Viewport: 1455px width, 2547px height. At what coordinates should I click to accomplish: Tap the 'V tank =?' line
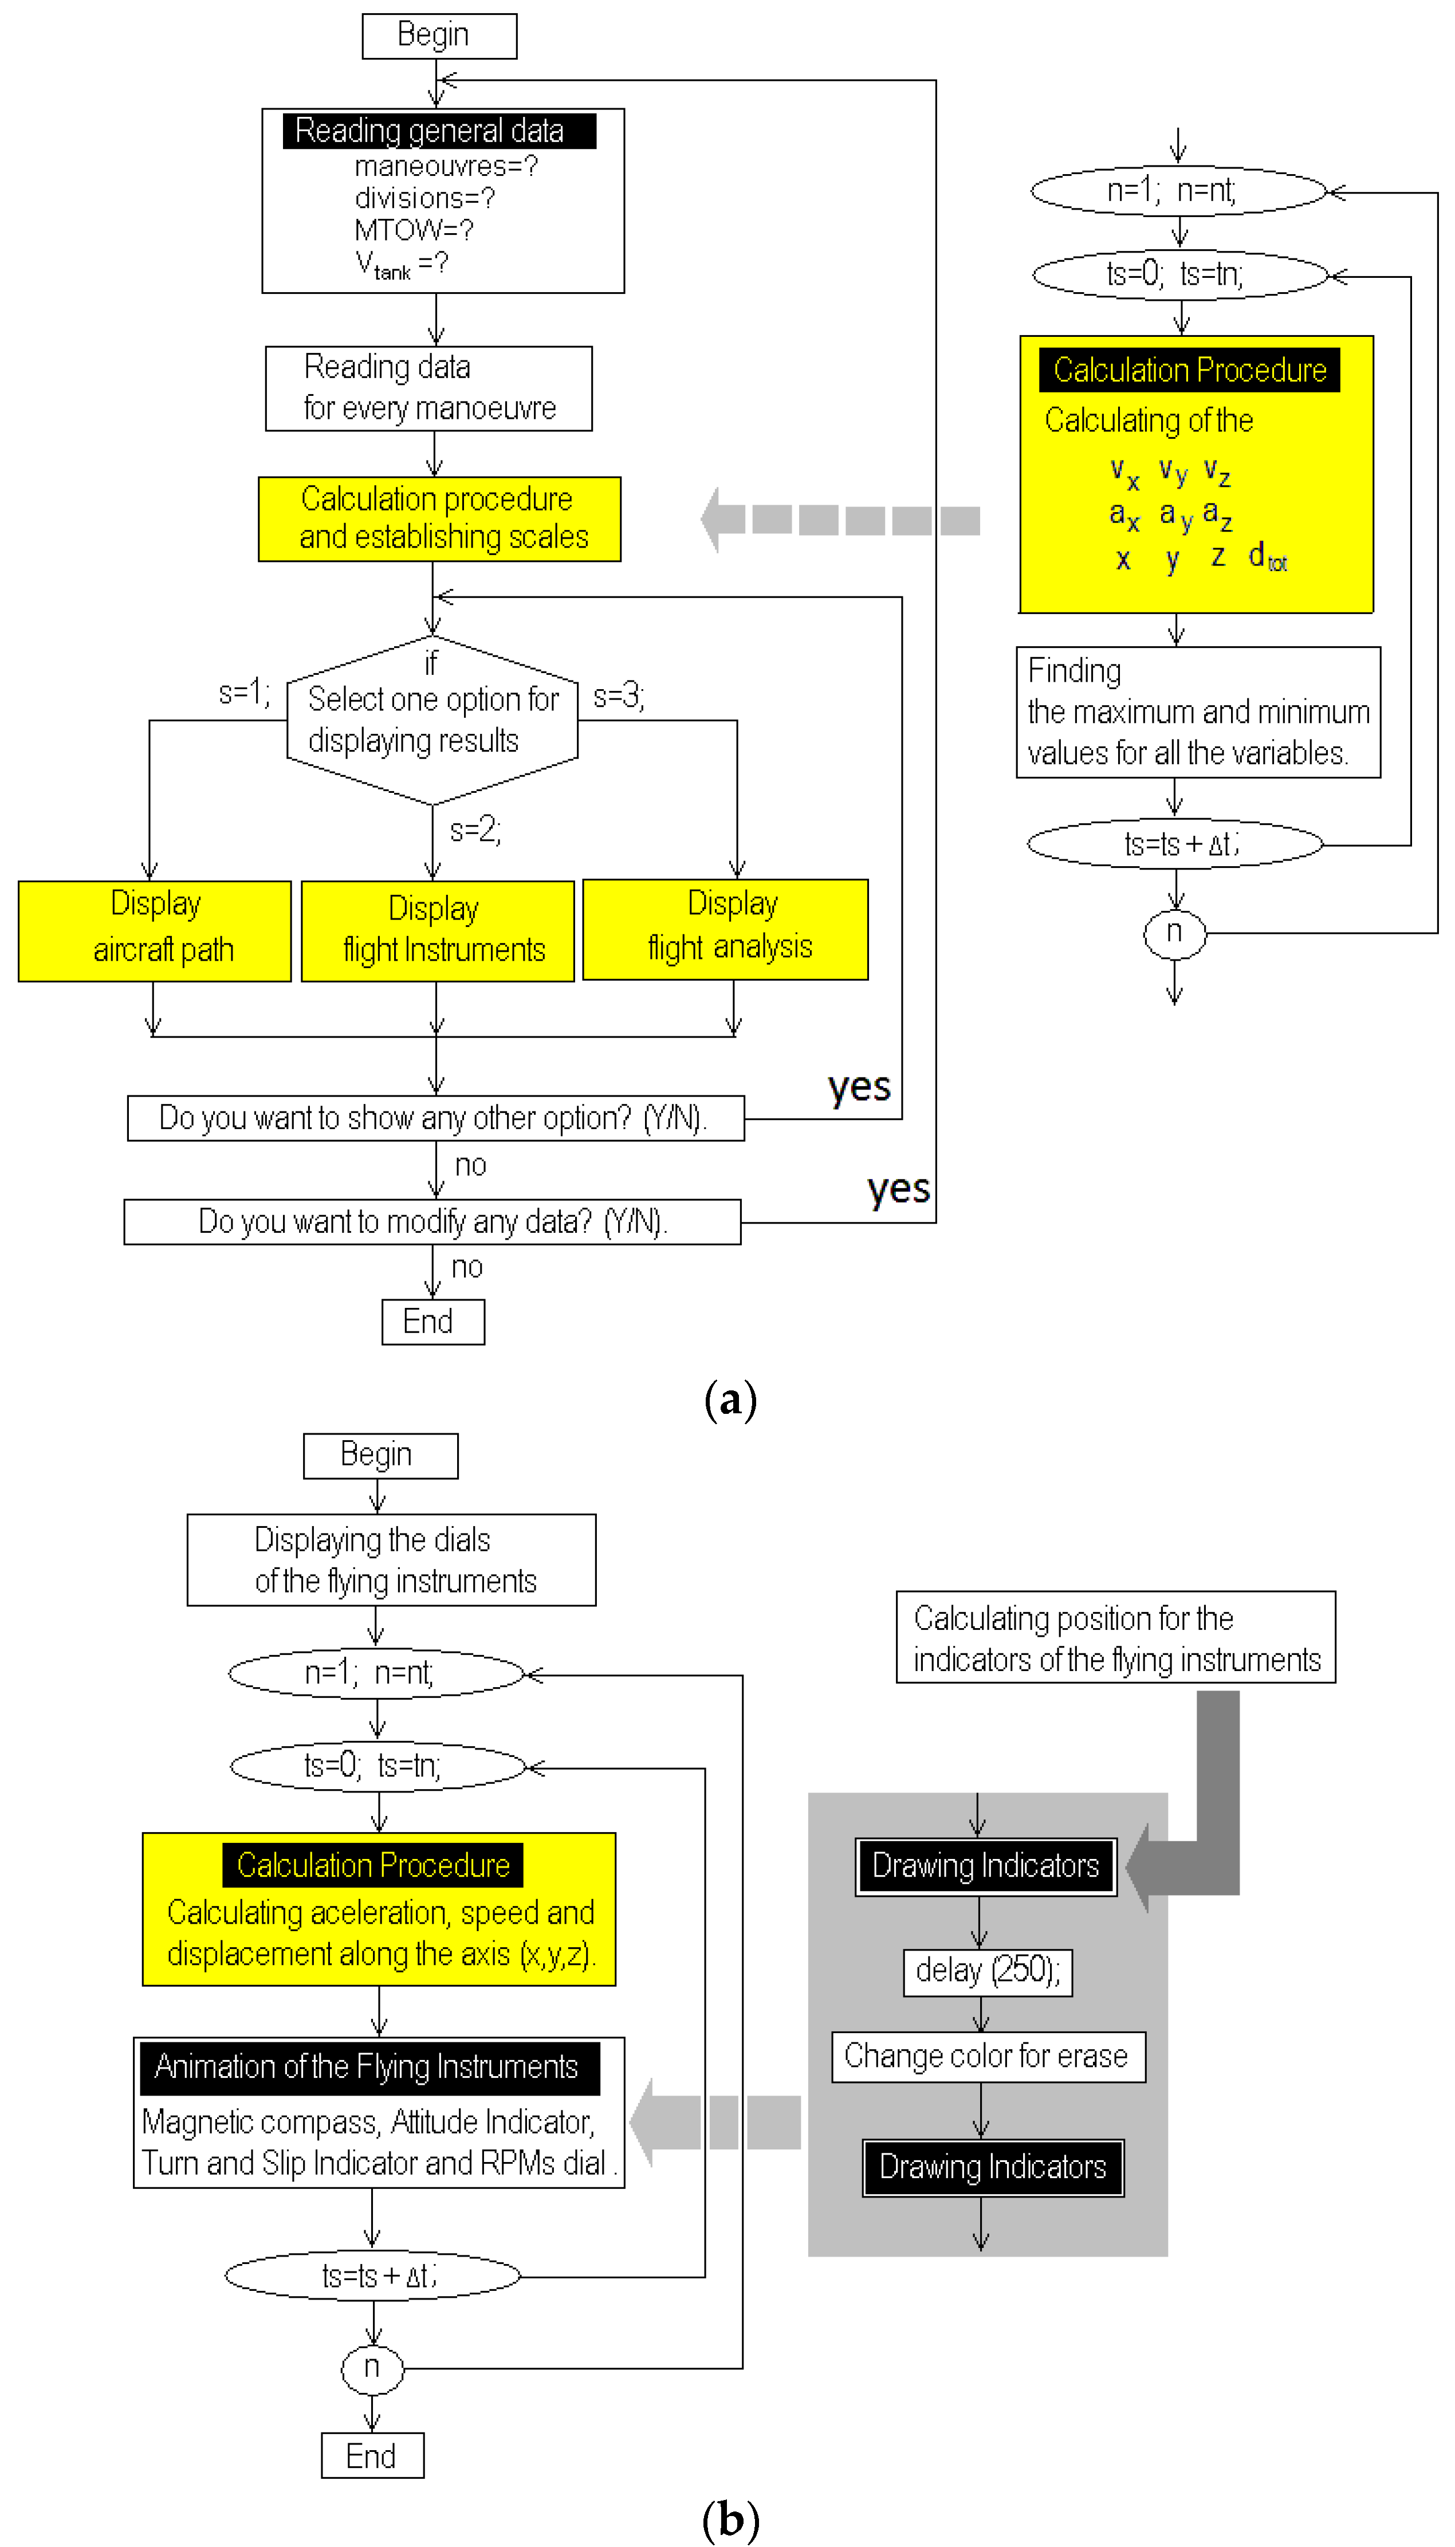point(402,265)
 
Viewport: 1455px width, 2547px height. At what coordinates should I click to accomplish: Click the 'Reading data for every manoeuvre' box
point(428,388)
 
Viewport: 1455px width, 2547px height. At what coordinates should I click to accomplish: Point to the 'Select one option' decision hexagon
point(432,720)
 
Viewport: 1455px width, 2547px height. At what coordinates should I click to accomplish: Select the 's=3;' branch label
point(619,697)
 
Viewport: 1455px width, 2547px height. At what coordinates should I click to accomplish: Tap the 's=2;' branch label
point(475,830)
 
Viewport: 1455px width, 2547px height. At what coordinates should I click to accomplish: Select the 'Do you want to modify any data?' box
point(432,1221)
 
